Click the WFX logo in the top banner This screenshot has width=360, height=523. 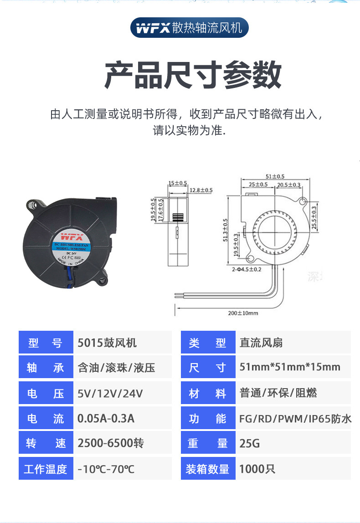153,28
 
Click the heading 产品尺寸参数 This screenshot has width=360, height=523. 193,74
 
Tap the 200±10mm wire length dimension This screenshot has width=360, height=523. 243,313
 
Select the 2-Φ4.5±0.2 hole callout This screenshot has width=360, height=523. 246,270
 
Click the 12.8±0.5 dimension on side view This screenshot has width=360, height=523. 201,190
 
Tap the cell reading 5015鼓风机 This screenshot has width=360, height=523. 107,343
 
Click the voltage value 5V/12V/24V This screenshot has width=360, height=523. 110,393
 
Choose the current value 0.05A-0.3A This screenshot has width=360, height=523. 106,418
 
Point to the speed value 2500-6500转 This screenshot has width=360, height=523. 111,443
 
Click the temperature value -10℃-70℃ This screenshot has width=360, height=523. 106,469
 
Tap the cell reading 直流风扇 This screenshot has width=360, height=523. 261,343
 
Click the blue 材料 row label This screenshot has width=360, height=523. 208,393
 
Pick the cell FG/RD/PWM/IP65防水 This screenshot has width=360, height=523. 295,418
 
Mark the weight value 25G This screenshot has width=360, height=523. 250,443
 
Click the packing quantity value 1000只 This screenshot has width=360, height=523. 257,469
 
